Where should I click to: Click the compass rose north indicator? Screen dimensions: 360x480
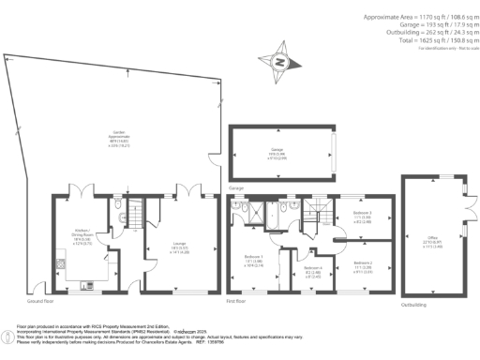click(277, 63)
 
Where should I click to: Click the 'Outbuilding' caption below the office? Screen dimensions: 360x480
click(412, 305)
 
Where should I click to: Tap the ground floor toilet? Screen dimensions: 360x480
click(112, 205)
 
